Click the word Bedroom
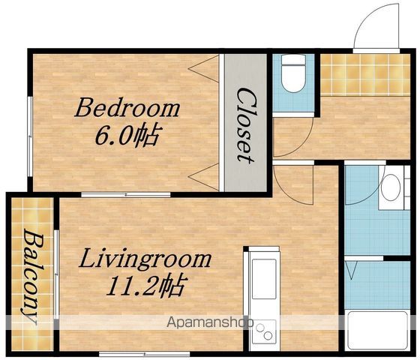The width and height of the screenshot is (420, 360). point(127,108)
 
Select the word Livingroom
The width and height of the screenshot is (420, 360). point(145,259)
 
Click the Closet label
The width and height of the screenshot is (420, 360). point(245,125)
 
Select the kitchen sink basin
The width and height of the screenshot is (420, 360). point(264,279)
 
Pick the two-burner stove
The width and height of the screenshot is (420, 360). point(264,331)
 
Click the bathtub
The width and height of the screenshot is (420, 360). point(377,331)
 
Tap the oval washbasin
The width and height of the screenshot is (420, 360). point(391,187)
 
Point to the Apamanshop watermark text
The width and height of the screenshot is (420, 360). point(210,322)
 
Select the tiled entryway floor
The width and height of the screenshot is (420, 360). point(365,75)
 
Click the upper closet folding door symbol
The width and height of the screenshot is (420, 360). point(204,69)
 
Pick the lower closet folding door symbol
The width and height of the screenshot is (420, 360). point(204,177)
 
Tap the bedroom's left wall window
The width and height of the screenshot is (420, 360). point(30,136)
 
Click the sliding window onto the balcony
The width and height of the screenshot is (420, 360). point(56,274)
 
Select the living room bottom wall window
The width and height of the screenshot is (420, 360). point(145,354)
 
